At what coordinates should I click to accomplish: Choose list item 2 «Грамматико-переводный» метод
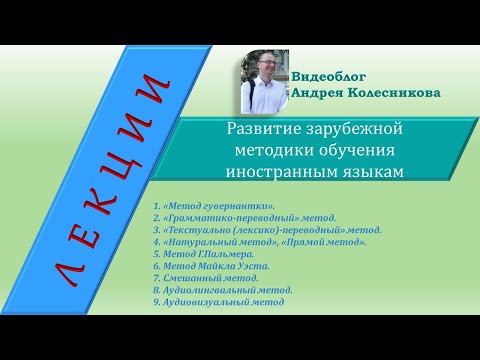[244, 216]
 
